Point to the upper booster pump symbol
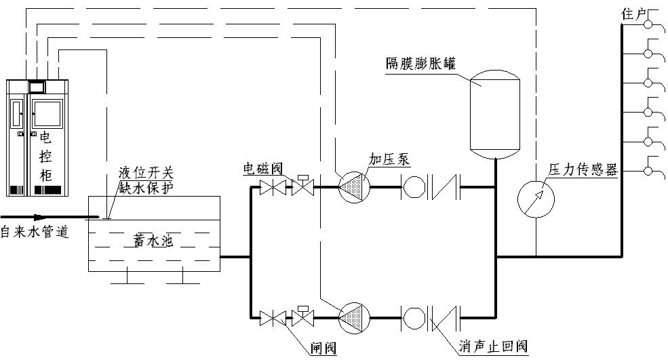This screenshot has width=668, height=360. tap(353, 186)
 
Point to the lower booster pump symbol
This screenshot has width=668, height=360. tap(353, 317)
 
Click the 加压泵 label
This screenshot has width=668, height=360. tap(389, 159)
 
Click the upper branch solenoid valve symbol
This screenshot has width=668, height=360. tap(302, 187)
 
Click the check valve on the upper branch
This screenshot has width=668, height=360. tap(444, 187)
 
